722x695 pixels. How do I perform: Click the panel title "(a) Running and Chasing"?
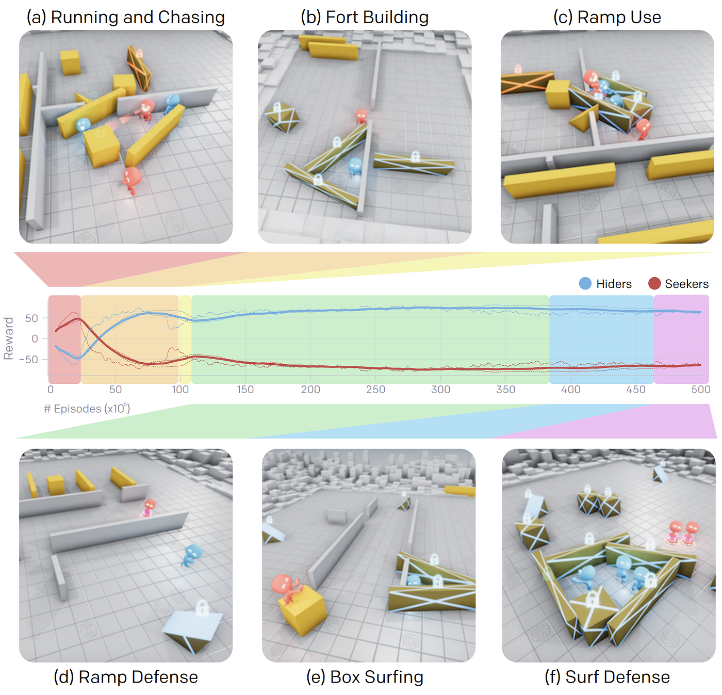125,17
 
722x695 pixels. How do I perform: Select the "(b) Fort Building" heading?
364,17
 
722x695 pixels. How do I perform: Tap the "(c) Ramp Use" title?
607,17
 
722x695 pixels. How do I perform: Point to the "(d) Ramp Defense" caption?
126,676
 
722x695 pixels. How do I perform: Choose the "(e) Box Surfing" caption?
365,676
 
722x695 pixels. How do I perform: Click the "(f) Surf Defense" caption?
607,676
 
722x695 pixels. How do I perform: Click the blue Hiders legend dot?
585,283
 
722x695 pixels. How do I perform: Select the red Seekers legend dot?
654,283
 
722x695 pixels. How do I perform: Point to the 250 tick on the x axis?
375,389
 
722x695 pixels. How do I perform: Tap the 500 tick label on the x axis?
700,389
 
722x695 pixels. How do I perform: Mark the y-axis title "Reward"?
8,338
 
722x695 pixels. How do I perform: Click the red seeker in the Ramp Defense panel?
149,508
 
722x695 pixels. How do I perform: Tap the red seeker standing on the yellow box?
287,588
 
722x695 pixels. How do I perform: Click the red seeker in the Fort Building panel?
362,116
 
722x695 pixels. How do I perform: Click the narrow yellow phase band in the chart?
185,340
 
